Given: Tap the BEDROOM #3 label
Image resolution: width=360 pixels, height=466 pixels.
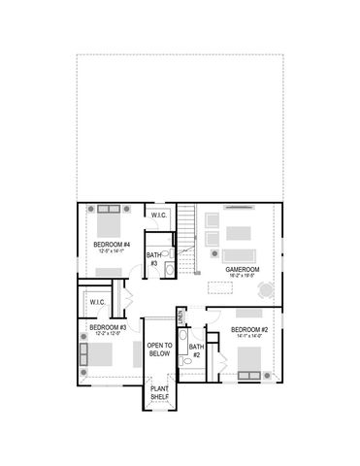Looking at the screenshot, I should click(x=104, y=327).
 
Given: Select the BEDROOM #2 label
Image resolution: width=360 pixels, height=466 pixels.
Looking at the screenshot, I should click(x=248, y=331).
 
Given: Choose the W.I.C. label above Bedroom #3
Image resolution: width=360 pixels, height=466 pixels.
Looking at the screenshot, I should click(x=96, y=301).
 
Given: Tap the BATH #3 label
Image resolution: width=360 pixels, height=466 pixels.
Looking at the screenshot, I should click(x=153, y=258).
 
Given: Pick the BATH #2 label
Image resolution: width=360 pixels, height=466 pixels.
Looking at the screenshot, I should click(x=195, y=350).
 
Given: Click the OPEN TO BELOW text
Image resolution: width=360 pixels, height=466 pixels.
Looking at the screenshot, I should click(x=159, y=349).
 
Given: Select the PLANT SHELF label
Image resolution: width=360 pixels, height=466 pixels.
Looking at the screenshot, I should click(x=159, y=393).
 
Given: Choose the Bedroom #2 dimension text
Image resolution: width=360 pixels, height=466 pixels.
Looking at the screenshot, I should click(x=248, y=338).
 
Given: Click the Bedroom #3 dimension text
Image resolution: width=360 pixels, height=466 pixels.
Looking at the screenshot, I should click(x=104, y=334).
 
